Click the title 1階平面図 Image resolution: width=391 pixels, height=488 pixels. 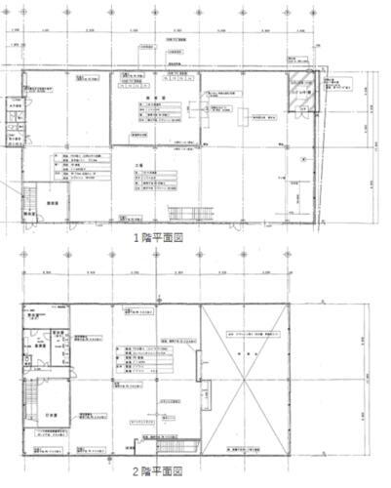pyautogui.click(x=167, y=237)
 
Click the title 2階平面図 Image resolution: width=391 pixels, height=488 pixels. pyautogui.click(x=167, y=471)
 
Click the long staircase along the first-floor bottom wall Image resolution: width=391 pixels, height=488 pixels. pyautogui.click(x=182, y=215)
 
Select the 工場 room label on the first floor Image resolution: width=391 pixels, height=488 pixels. pyautogui.click(x=139, y=166)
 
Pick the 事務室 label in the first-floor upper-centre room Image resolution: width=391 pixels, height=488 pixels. pyautogui.click(x=153, y=99)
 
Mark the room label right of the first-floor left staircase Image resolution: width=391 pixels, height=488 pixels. pyautogui.click(x=55, y=201)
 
